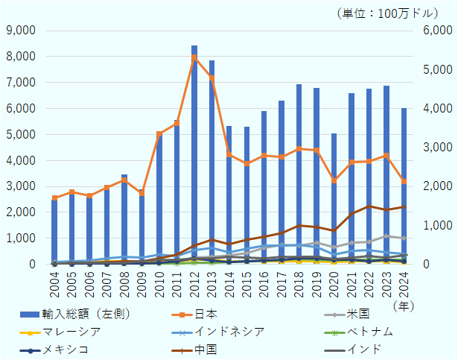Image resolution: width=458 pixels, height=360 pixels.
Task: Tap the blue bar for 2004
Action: point(54,232)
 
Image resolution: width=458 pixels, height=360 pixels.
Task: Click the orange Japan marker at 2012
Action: point(194,57)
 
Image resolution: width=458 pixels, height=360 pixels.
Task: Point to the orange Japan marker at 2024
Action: point(404,181)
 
